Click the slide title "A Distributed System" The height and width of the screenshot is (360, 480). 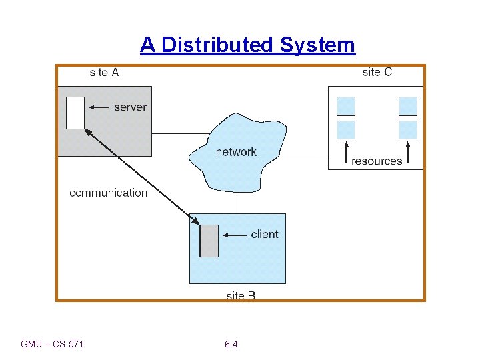coord(247,45)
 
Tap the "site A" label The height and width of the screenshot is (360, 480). coord(104,73)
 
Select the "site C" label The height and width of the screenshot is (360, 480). coord(377,72)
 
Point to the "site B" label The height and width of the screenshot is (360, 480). coord(241,295)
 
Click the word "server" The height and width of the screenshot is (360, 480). coord(131,107)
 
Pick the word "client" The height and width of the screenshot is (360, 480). coord(265,234)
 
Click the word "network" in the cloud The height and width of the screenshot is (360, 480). coord(236,152)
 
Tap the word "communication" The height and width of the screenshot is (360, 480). coord(109,193)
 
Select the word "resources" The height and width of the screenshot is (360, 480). coord(377,161)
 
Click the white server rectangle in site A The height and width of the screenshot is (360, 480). coord(75,113)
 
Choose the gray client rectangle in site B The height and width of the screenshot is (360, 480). coord(209,241)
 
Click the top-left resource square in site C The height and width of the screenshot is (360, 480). coord(346,106)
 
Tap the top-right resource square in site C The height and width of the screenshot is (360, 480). coord(407,106)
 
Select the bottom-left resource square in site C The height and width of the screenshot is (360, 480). coord(346,129)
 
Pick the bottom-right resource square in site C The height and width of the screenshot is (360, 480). coord(407,129)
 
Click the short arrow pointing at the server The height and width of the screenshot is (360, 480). coord(99,107)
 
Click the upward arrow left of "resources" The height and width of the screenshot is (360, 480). coord(346,153)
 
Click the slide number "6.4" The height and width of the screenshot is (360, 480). coord(231,344)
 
